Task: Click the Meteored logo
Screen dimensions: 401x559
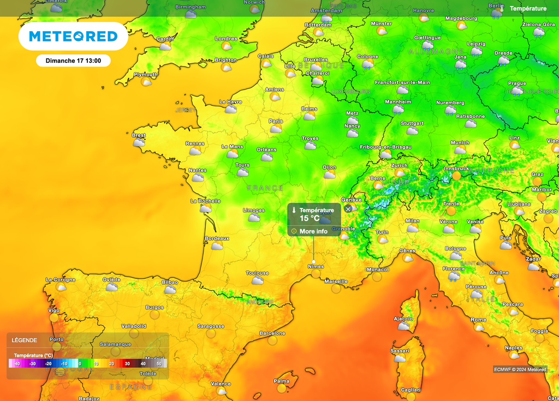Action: [73, 37]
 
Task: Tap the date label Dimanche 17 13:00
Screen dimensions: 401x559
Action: [73, 61]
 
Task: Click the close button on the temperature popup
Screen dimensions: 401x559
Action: [348, 209]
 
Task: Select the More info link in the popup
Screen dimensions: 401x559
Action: [313, 231]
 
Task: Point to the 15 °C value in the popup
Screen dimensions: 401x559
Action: [310, 218]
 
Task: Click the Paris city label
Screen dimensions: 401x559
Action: [276, 121]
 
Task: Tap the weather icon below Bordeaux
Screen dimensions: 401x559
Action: [217, 246]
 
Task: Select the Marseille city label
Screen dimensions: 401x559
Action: [336, 282]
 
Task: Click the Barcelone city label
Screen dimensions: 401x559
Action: [272, 333]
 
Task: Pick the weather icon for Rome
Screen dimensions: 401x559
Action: [479, 327]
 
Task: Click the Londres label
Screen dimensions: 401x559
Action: [226, 39]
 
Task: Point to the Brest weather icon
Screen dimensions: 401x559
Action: [139, 143]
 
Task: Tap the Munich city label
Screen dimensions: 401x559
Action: [460, 143]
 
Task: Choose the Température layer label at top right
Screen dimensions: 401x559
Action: [528, 9]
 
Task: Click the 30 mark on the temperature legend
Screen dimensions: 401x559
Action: [127, 363]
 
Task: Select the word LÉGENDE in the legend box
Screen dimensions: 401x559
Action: [25, 340]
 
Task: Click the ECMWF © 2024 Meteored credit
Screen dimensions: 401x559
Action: [520, 369]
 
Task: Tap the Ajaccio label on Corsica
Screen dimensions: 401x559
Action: [403, 319]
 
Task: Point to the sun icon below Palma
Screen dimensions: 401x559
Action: [282, 388]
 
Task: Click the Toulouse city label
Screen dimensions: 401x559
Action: [257, 273]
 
